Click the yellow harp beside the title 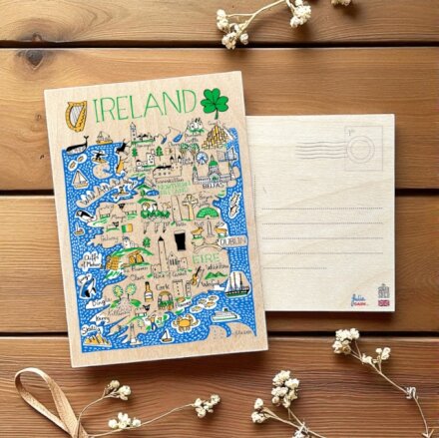pyautogui.click(x=72, y=113)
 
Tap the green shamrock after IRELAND pyautogui.click(x=214, y=102)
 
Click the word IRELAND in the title pyautogui.click(x=144, y=104)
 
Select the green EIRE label pyautogui.click(x=208, y=255)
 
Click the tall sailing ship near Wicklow pyautogui.click(x=236, y=284)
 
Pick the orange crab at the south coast pyautogui.click(x=186, y=321)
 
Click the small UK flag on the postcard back pyautogui.click(x=384, y=302)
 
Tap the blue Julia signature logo pyautogui.click(x=359, y=296)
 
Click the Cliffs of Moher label pyautogui.click(x=92, y=258)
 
